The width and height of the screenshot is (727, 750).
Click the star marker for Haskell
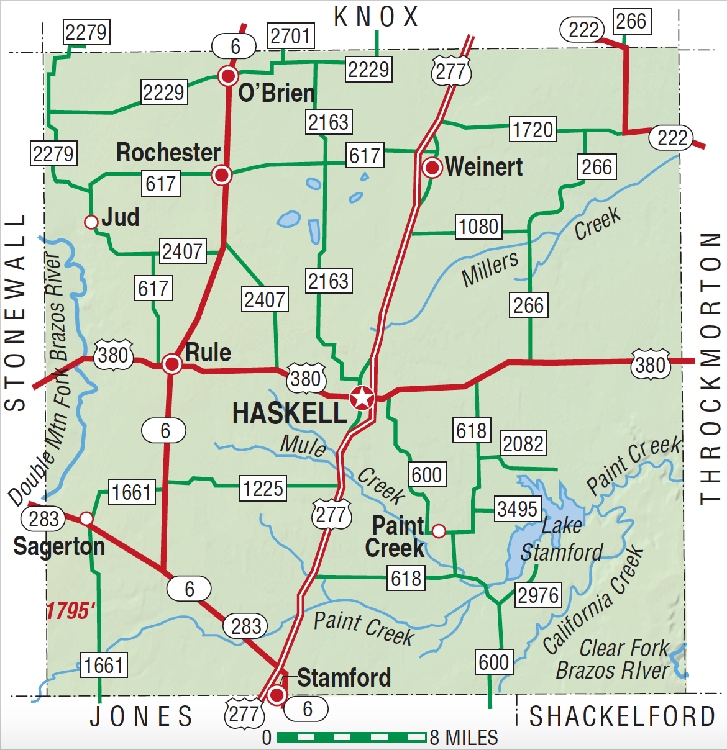coord(362,397)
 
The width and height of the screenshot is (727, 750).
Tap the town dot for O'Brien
coord(228,76)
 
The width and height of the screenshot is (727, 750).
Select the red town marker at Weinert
coord(432,168)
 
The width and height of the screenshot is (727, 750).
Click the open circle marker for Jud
coord(91,222)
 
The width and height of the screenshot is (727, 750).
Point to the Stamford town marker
coord(277,694)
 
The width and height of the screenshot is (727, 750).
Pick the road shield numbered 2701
coord(290,36)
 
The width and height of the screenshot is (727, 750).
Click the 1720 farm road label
coord(533,129)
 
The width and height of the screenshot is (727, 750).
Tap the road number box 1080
coord(478,227)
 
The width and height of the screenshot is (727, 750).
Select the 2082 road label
coord(523,444)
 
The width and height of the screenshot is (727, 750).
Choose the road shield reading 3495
coord(517,509)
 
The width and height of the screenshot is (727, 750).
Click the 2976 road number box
coord(538,595)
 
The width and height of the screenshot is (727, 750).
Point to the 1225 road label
coord(263,489)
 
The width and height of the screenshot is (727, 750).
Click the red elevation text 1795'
coord(70,611)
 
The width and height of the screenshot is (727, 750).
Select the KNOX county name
coord(376,17)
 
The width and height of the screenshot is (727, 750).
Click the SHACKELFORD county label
coord(622,716)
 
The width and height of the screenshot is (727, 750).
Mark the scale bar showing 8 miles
coord(351,737)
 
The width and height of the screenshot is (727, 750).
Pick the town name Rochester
coord(168,153)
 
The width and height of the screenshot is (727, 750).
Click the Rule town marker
coord(172,364)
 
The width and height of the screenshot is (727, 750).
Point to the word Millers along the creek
coord(490,269)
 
